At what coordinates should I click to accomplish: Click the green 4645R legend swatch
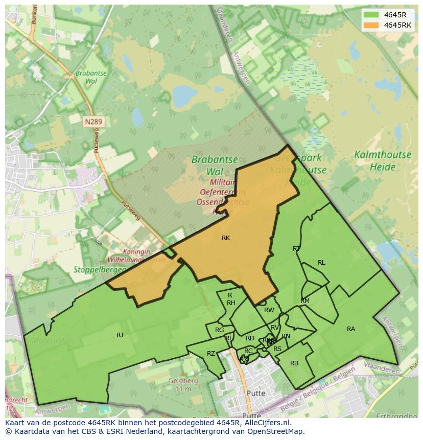coord(371,15)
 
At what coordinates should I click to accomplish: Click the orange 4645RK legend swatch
coord(371,25)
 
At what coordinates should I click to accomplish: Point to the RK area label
coord(226,238)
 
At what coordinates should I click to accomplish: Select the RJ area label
coord(120,335)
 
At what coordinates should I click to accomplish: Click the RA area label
coord(351,329)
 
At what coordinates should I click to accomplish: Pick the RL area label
coord(321,263)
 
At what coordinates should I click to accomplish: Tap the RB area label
coord(294,363)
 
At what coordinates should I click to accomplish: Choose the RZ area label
coord(211,354)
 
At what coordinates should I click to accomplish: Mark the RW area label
coord(269,310)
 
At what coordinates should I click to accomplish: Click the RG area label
coord(220,330)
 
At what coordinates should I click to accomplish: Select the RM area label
coord(305,301)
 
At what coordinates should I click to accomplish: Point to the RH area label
coord(231,303)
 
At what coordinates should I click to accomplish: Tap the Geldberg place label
coord(183,381)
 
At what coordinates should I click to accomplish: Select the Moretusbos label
coord(53,341)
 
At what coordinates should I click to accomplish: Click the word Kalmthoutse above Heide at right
coord(375,155)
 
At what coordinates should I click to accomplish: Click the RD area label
coord(250,338)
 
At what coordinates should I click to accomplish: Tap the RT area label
coord(296,249)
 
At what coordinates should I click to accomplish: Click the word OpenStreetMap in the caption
coord(275,431)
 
